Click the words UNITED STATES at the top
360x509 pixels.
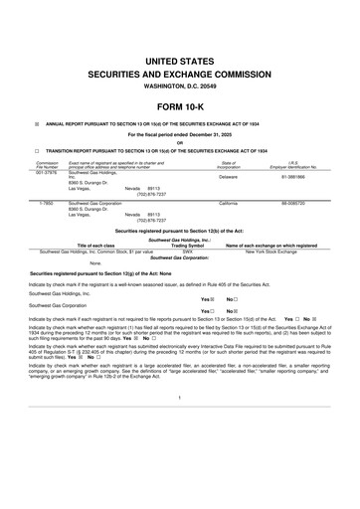[180, 61]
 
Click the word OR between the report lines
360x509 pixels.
[180, 141]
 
